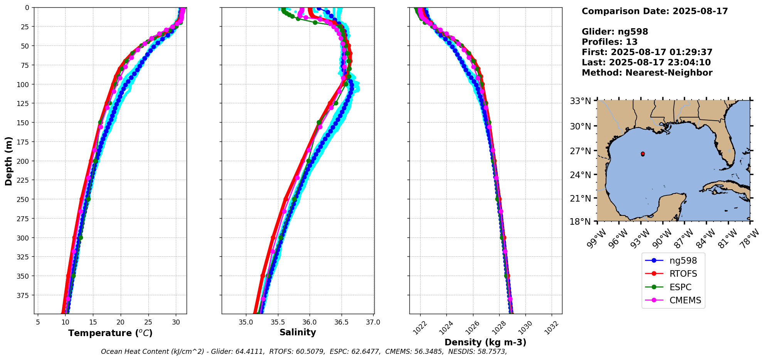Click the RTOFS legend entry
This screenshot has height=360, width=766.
tap(683, 274)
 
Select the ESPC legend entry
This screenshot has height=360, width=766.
tap(680, 288)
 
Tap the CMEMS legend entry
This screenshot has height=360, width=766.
tap(685, 301)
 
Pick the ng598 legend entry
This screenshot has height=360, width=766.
tap(683, 261)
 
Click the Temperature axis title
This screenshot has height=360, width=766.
tap(110, 333)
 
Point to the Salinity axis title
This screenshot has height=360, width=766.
tap(298, 333)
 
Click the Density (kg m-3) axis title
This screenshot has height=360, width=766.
tap(485, 342)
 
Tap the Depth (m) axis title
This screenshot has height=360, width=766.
tap(9, 161)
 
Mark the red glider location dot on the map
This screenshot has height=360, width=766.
tap(643, 154)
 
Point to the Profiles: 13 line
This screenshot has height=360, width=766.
tap(609, 42)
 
